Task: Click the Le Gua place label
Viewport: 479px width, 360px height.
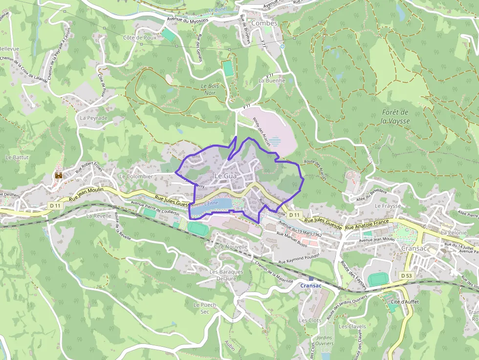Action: [226, 175]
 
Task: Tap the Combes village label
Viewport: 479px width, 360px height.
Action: [264, 23]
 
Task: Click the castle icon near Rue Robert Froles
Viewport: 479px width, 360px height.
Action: [59, 174]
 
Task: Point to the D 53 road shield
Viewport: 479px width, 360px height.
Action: [406, 275]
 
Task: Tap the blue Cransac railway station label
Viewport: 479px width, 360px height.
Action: [311, 286]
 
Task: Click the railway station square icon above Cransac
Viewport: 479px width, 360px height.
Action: [311, 278]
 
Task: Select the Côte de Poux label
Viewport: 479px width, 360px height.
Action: [139, 38]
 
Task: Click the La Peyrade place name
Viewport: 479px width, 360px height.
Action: [93, 118]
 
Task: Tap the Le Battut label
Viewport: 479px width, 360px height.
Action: [17, 157]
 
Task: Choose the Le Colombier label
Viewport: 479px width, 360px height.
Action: [136, 176]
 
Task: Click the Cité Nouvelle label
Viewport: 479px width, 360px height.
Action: [231, 247]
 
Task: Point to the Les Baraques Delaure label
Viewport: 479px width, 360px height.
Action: [226, 275]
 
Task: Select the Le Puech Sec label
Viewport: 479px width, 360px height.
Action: [205, 308]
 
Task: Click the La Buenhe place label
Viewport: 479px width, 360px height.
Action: [271, 80]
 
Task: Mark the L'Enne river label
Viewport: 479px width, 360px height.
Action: [211, 203]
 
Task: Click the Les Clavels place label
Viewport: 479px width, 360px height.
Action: [352, 326]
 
